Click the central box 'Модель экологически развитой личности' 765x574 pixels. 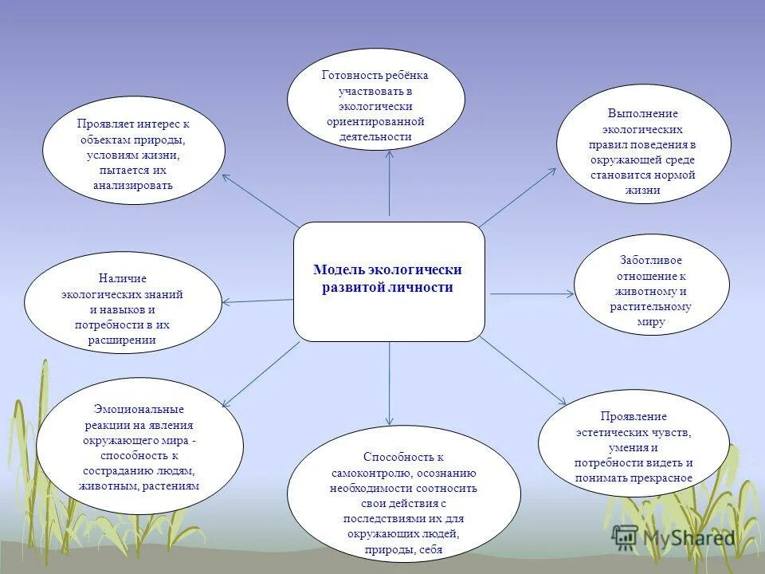[x=389, y=281]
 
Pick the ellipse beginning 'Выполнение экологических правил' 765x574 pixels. [x=643, y=143]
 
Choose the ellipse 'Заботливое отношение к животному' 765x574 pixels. [x=651, y=284]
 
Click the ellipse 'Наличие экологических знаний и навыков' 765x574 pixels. [x=123, y=303]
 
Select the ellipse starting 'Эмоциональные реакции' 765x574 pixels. [x=140, y=446]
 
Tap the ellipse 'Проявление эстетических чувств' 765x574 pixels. [x=634, y=443]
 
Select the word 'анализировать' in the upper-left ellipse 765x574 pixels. [x=133, y=186]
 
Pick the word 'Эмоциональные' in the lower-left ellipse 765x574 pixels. [x=140, y=409]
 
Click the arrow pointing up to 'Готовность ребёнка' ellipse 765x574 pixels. [x=389, y=183]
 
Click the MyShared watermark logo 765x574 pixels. [x=673, y=537]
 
